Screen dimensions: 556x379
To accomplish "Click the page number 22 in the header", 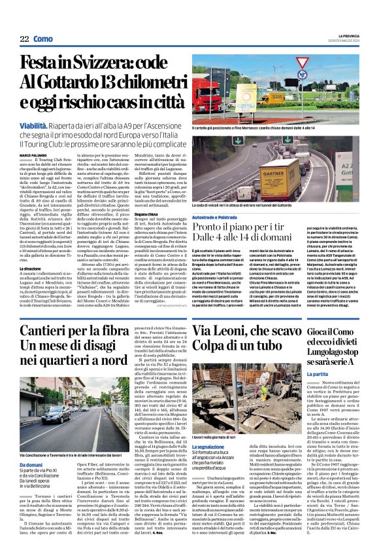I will (x=24, y=39).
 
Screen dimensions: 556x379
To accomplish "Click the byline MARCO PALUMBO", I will (x=32, y=155).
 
